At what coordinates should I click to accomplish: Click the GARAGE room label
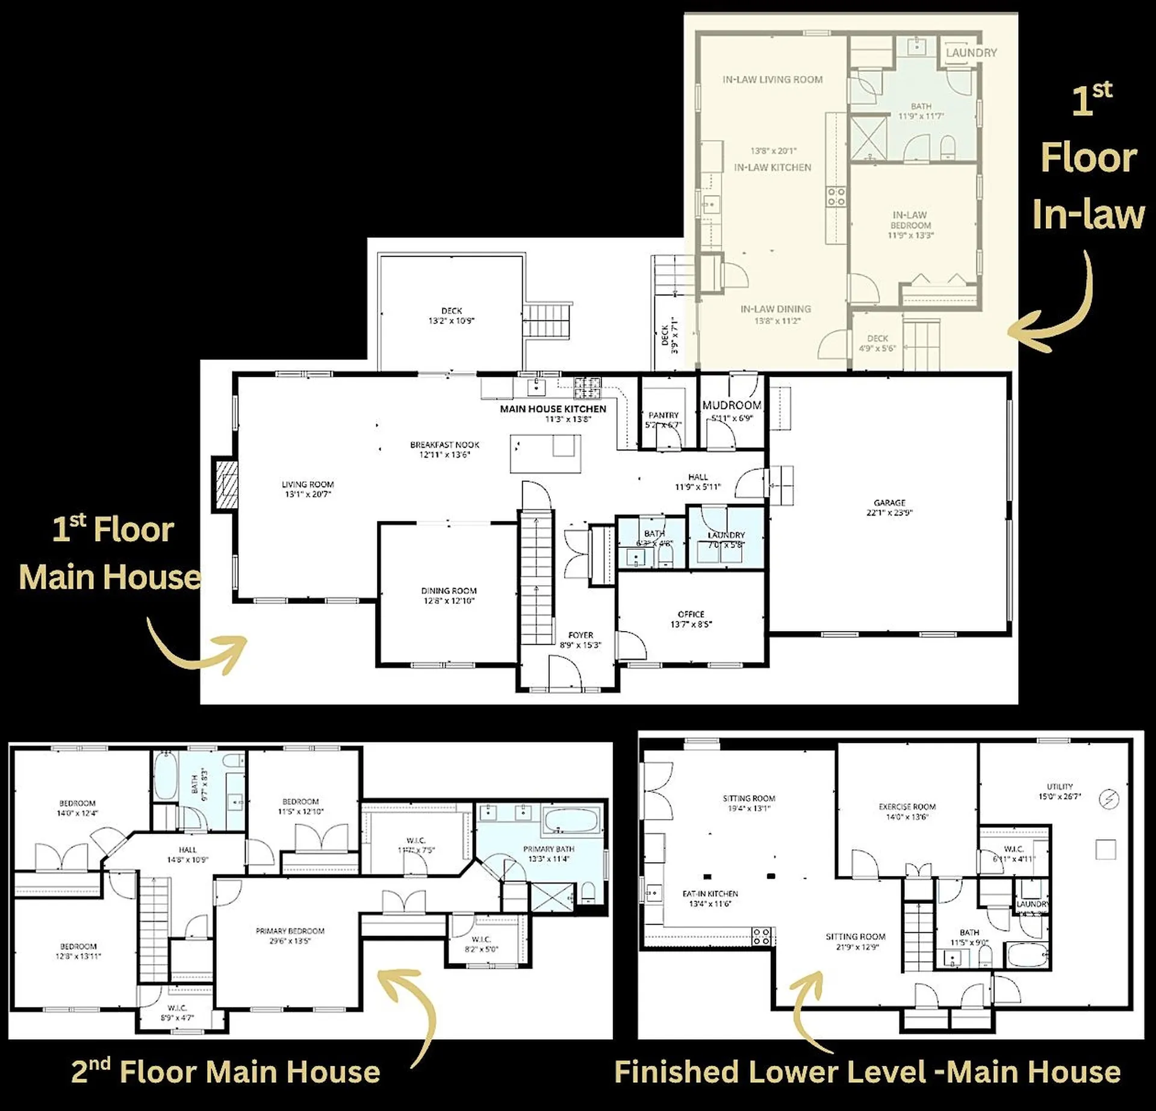coord(889,502)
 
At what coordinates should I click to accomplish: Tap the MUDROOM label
coord(732,405)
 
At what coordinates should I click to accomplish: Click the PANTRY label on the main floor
coord(663,415)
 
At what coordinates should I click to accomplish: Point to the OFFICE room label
coord(691,614)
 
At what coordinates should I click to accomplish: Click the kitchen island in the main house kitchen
coord(545,453)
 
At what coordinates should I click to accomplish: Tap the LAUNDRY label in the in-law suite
coord(971,53)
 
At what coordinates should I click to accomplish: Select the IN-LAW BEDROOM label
coord(910,220)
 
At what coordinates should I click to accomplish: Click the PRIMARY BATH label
coord(548,849)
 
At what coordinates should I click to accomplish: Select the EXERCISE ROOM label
coord(907,807)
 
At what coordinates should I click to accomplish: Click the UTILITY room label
coord(1059,786)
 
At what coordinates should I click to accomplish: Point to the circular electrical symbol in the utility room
coord(1108,799)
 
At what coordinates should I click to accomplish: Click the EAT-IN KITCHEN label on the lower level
coord(710,894)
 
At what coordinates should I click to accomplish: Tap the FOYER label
coord(580,635)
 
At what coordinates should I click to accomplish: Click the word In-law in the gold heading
coord(1089,215)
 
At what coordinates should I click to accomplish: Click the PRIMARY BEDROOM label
coord(290,931)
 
